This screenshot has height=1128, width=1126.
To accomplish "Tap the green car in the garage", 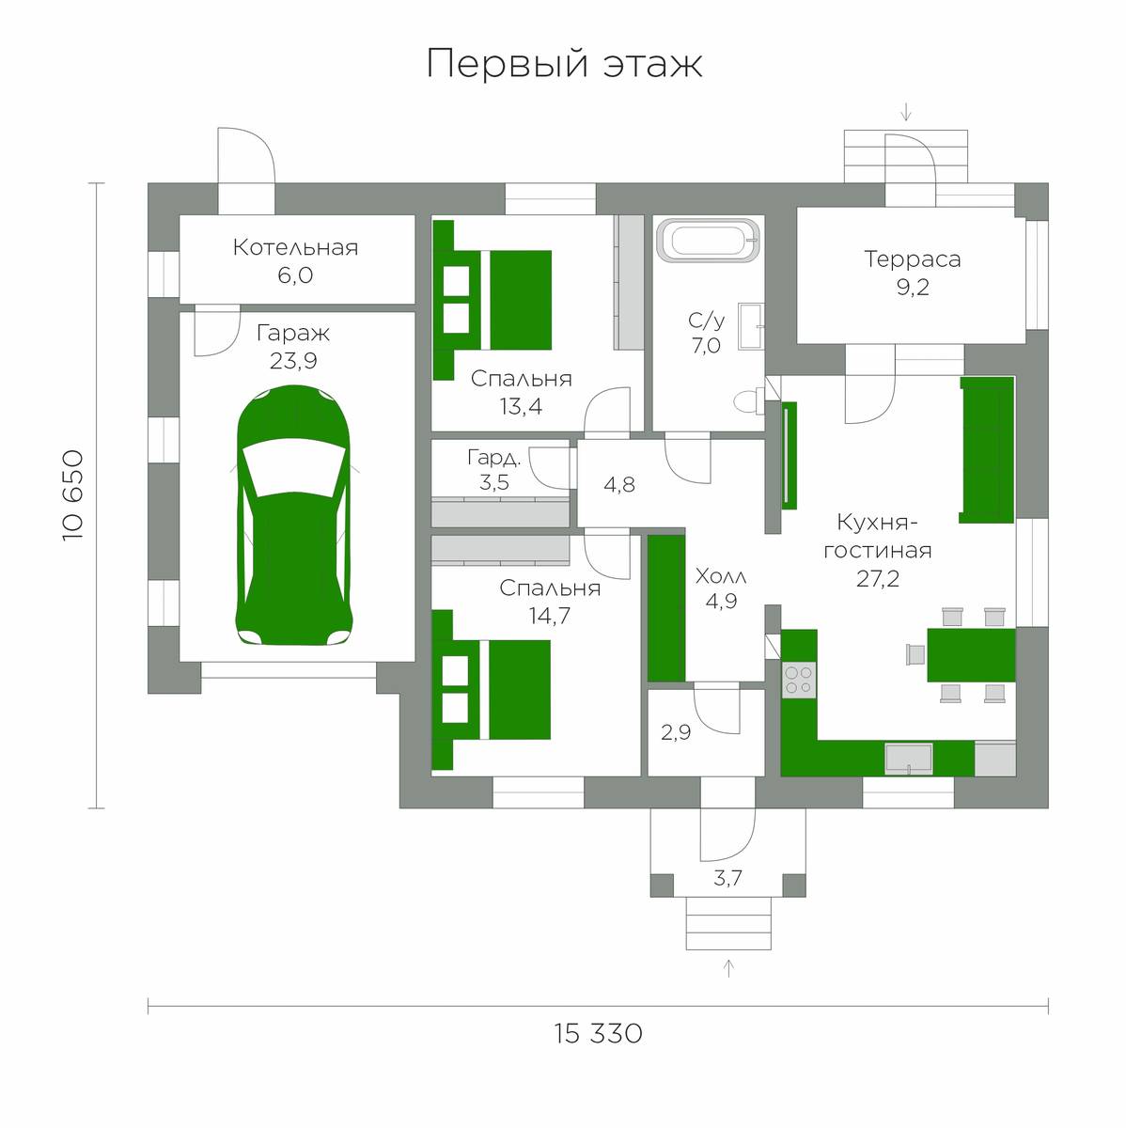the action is (x=293, y=515).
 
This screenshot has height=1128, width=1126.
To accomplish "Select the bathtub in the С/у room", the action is (x=709, y=240).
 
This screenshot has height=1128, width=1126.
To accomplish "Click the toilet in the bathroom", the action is (x=749, y=401).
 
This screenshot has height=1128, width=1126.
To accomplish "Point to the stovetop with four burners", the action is (x=799, y=680).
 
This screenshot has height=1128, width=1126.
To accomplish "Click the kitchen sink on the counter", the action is (x=909, y=760).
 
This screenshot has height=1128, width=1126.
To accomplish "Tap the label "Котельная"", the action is (x=295, y=247).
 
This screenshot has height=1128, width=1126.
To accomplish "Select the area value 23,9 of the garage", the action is (x=293, y=361).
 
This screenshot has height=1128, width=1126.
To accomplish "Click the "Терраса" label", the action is (x=913, y=259).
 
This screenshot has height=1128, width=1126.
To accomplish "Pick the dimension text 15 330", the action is (x=599, y=1034).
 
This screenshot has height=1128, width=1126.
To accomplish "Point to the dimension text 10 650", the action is (x=73, y=495).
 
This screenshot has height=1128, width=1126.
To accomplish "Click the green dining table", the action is (x=971, y=655).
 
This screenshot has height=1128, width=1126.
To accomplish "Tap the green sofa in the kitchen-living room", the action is (x=987, y=449).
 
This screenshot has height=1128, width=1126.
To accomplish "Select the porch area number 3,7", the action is (x=727, y=878).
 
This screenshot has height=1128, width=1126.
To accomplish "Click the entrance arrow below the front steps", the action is (x=728, y=969).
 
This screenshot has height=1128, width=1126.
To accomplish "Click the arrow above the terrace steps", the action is (x=906, y=112).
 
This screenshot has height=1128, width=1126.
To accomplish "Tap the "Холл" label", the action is (x=721, y=577).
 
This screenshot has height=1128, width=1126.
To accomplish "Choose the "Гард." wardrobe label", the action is (x=493, y=457).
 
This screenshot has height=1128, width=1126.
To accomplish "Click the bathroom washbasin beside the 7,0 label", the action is (x=751, y=326).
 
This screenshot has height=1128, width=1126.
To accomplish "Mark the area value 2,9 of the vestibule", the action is (x=676, y=732).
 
